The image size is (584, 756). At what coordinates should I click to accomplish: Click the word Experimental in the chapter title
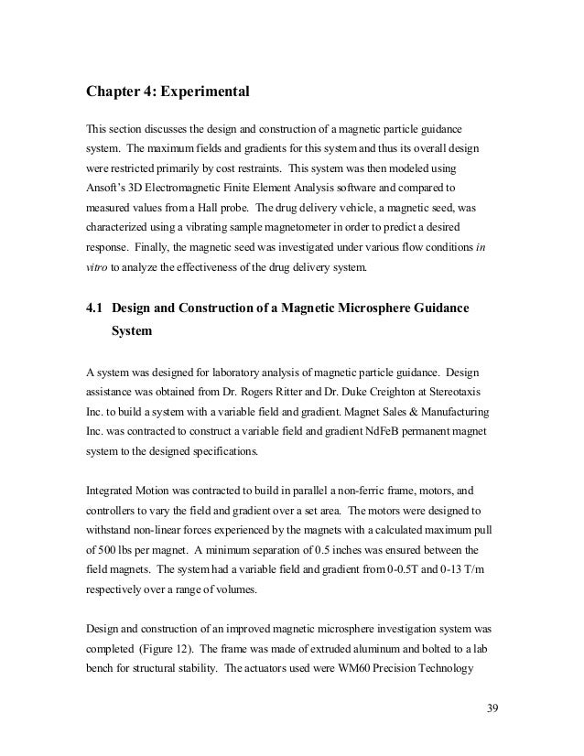(199, 92)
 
